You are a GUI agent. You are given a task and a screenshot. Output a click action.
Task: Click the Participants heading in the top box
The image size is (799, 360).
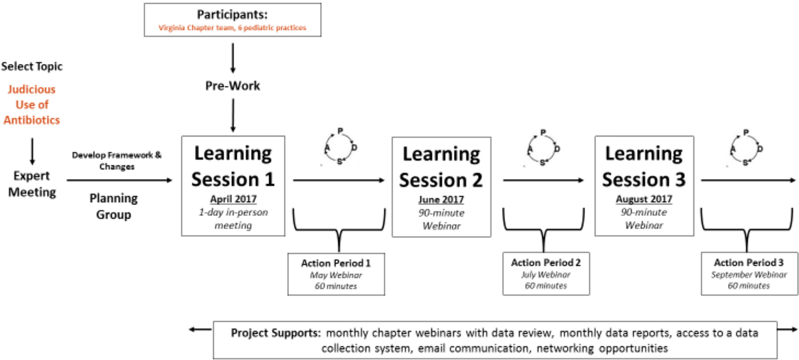(x=232, y=14)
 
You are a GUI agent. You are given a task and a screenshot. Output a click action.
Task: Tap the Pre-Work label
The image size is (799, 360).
(x=232, y=86)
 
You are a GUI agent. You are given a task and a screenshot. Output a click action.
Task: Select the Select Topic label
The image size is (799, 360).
(x=32, y=66)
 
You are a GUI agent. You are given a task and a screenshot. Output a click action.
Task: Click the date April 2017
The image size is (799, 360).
(x=233, y=199)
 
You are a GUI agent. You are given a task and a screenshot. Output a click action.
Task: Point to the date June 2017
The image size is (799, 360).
(x=441, y=199)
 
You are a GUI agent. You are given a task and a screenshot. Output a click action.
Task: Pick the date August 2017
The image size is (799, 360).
(x=644, y=199)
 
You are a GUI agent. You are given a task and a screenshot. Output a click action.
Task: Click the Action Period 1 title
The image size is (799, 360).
(x=336, y=263)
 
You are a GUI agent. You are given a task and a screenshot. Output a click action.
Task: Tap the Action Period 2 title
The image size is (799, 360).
(x=546, y=262)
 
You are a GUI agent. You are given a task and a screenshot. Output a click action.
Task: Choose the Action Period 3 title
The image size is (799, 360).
(x=748, y=262)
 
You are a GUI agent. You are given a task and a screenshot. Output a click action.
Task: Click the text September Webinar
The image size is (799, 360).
(x=748, y=274)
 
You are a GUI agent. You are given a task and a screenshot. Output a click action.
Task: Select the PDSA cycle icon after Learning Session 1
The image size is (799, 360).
(x=341, y=147)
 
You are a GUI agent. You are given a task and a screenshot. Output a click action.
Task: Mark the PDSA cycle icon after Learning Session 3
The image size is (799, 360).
(x=746, y=148)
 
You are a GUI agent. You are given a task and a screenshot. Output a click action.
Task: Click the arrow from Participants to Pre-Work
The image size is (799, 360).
(x=233, y=58)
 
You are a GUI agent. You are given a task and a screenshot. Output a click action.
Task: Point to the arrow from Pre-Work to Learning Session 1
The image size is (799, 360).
(x=233, y=115)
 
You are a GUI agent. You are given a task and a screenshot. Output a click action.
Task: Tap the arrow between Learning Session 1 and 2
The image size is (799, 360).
(x=338, y=180)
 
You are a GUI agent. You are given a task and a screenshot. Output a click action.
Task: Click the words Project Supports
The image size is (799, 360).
(x=276, y=333)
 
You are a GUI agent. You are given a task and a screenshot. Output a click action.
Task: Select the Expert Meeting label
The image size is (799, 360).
(x=32, y=184)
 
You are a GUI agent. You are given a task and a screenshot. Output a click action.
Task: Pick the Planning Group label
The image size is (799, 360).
(x=113, y=206)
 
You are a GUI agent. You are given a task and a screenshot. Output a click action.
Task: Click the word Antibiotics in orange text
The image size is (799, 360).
(x=32, y=120)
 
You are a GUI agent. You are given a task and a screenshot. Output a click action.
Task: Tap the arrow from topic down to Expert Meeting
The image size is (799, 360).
(x=32, y=151)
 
